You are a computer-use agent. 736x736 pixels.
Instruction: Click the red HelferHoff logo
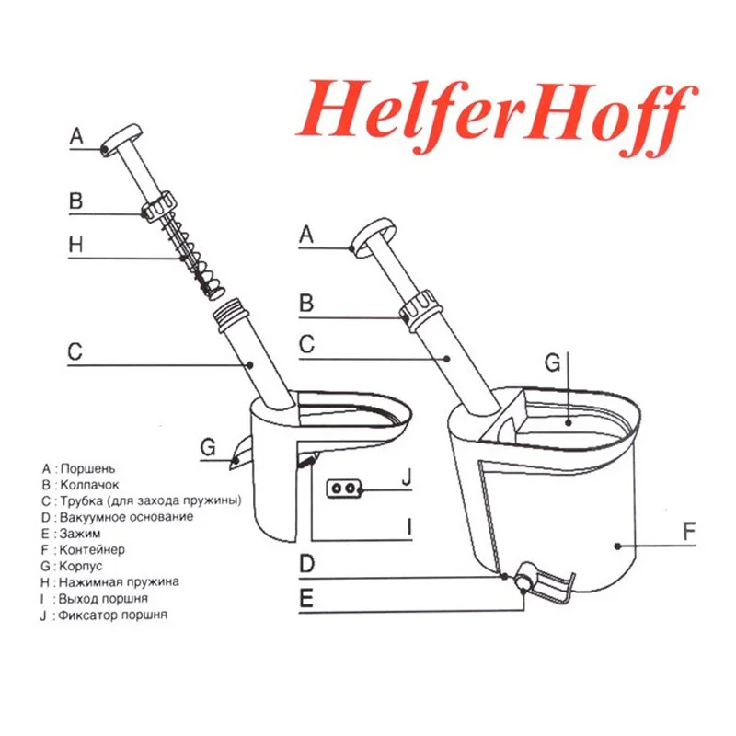pos(497,118)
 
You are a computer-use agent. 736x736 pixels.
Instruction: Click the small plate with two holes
pos(344,489)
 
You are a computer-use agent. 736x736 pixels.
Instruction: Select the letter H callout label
pos(76,245)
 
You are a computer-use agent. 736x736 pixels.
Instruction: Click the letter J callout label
pos(407,477)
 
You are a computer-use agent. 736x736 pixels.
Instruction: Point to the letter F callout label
pos(688,532)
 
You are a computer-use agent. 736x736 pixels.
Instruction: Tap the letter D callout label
pos(307,564)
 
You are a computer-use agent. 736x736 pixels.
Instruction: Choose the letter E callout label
pos(306,599)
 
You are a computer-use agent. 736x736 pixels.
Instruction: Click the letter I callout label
pos(409,526)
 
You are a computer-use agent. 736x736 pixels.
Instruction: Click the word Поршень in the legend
pos(87,468)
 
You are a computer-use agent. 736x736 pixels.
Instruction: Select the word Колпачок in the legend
pos(89,485)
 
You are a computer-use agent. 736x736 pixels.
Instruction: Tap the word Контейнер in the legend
pos(92,549)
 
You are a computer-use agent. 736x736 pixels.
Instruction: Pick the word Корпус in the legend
pos(81,566)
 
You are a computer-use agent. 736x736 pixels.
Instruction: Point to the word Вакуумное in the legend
pos(90,517)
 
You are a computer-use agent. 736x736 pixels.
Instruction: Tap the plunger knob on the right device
pos(374,237)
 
